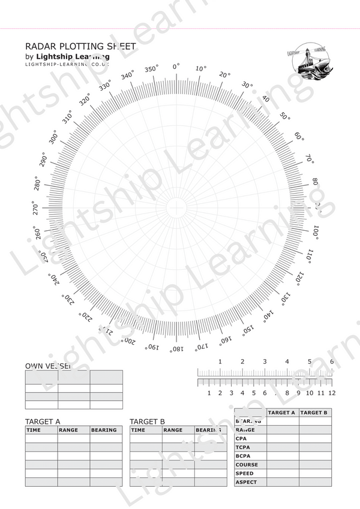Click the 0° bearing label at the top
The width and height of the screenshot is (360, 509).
[x=176, y=67]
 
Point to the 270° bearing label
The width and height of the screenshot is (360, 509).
[x=35, y=208]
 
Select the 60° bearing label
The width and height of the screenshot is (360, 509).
[x=299, y=137]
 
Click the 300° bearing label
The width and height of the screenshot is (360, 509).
[x=53, y=137]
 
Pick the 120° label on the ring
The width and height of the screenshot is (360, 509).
[x=299, y=279]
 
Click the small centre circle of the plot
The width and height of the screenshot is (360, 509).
[x=176, y=208]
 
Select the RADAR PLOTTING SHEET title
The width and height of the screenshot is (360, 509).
[x=80, y=46]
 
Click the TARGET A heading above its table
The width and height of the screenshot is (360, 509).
[x=43, y=421]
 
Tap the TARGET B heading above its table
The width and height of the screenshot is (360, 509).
[x=148, y=421]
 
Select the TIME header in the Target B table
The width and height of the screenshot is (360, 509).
[x=138, y=430]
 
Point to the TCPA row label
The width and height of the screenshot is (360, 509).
[x=243, y=447]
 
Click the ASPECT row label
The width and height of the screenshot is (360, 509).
[x=246, y=482]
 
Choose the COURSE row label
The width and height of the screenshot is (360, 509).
[x=247, y=465]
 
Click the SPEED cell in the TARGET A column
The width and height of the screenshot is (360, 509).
[x=283, y=474]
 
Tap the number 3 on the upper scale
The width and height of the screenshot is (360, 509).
[x=265, y=362]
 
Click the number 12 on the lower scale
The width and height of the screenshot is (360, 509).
[x=332, y=393]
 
